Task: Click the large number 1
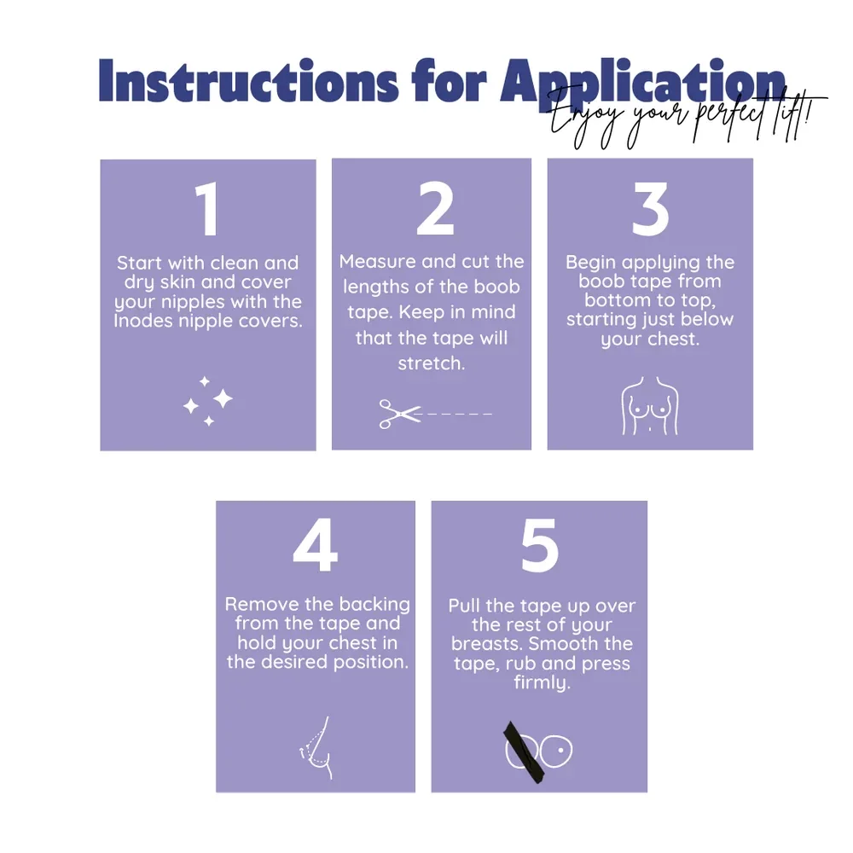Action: pos(207,210)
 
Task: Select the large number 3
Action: pos(650,209)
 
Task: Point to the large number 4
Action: pos(316,545)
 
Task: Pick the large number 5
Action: pos(539,546)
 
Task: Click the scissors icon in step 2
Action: pos(400,414)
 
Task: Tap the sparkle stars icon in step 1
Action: pos(207,401)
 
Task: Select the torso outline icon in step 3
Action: pos(650,406)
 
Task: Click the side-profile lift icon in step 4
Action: pos(316,747)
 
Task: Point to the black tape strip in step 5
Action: pos(524,752)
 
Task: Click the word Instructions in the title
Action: pos(248,81)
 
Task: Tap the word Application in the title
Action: pos(643,81)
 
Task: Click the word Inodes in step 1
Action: pos(143,321)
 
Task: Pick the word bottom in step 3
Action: pos(618,300)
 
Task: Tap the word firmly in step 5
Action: pos(542,682)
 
